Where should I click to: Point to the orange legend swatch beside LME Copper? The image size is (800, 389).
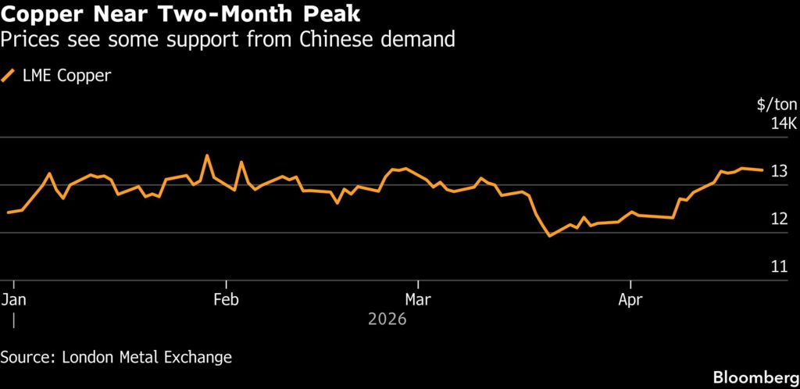(9, 76)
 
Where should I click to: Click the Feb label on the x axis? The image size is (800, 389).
(226, 299)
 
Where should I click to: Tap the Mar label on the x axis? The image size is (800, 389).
(418, 299)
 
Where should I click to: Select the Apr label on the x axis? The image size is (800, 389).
(630, 299)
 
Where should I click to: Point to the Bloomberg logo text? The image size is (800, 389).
(755, 377)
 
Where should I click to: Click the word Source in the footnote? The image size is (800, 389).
(26, 357)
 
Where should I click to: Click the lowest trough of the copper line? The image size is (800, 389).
(549, 235)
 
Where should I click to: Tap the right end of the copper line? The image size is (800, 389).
(762, 170)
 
